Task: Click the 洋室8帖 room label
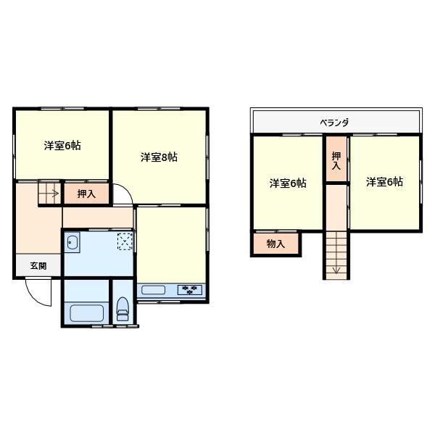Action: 159,157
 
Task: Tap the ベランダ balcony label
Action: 334,123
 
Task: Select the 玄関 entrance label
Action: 38,266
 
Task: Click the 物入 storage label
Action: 275,244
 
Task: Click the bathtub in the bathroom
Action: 86,313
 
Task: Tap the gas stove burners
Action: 191,291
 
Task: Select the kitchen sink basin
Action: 154,291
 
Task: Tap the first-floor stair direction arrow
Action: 50,194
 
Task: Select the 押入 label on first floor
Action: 86,194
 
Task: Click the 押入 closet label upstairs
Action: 336,161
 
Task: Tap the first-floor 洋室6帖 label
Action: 62,145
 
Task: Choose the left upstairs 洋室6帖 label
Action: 287,183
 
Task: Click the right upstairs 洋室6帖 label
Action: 384,181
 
